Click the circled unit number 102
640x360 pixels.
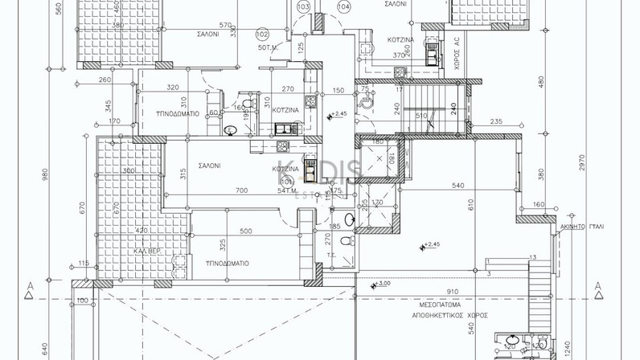(261, 34)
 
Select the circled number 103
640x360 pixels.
(303, 7)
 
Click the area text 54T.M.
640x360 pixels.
(288, 191)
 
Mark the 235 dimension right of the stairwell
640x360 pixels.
(495, 121)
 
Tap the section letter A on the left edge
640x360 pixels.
(30, 286)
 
